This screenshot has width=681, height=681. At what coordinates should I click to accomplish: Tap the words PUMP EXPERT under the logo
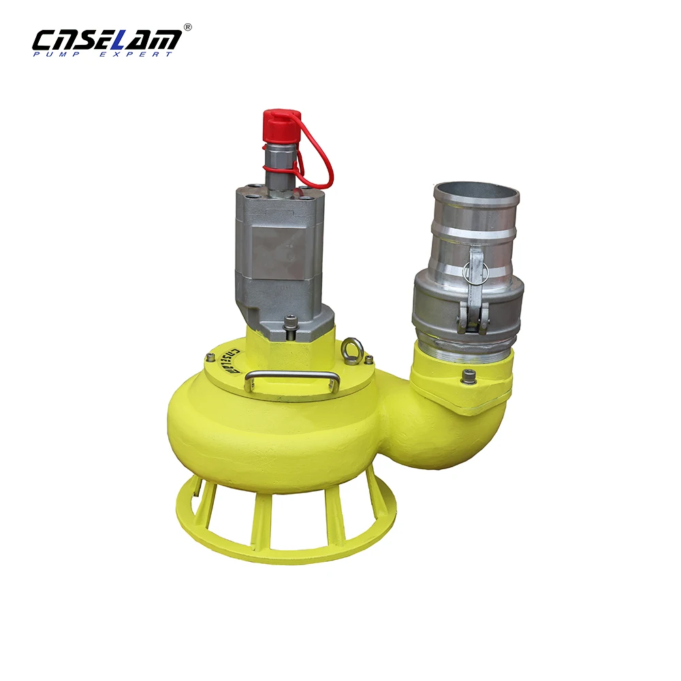(x=102, y=54)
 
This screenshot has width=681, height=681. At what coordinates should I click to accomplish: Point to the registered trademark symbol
(x=188, y=27)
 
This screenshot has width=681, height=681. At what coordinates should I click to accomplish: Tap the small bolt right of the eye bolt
(x=369, y=359)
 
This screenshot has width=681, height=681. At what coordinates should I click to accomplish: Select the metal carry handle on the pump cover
(x=293, y=379)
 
